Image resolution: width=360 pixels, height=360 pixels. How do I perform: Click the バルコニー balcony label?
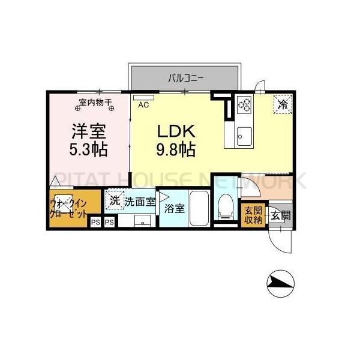pyautogui.click(x=187, y=77)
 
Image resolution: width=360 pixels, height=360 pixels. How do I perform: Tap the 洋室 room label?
pyautogui.click(x=89, y=130)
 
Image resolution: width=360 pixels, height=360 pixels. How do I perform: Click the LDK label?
pyautogui.click(x=176, y=131)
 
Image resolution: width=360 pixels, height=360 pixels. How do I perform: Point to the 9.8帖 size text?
pyautogui.click(x=176, y=149)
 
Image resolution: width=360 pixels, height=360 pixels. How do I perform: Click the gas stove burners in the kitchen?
pyautogui.click(x=245, y=104)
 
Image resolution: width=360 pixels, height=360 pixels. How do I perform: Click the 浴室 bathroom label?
pyautogui.click(x=175, y=209)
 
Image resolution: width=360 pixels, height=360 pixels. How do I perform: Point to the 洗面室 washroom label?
pyautogui.click(x=140, y=202)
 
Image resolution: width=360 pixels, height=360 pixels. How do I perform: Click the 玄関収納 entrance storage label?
pyautogui.click(x=253, y=214)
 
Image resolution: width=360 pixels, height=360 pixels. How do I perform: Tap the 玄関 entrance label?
pyautogui.click(x=280, y=215)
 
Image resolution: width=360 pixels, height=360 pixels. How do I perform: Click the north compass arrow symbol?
pyautogui.click(x=280, y=281)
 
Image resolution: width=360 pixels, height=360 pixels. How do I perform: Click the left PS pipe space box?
pyautogui.click(x=95, y=222)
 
